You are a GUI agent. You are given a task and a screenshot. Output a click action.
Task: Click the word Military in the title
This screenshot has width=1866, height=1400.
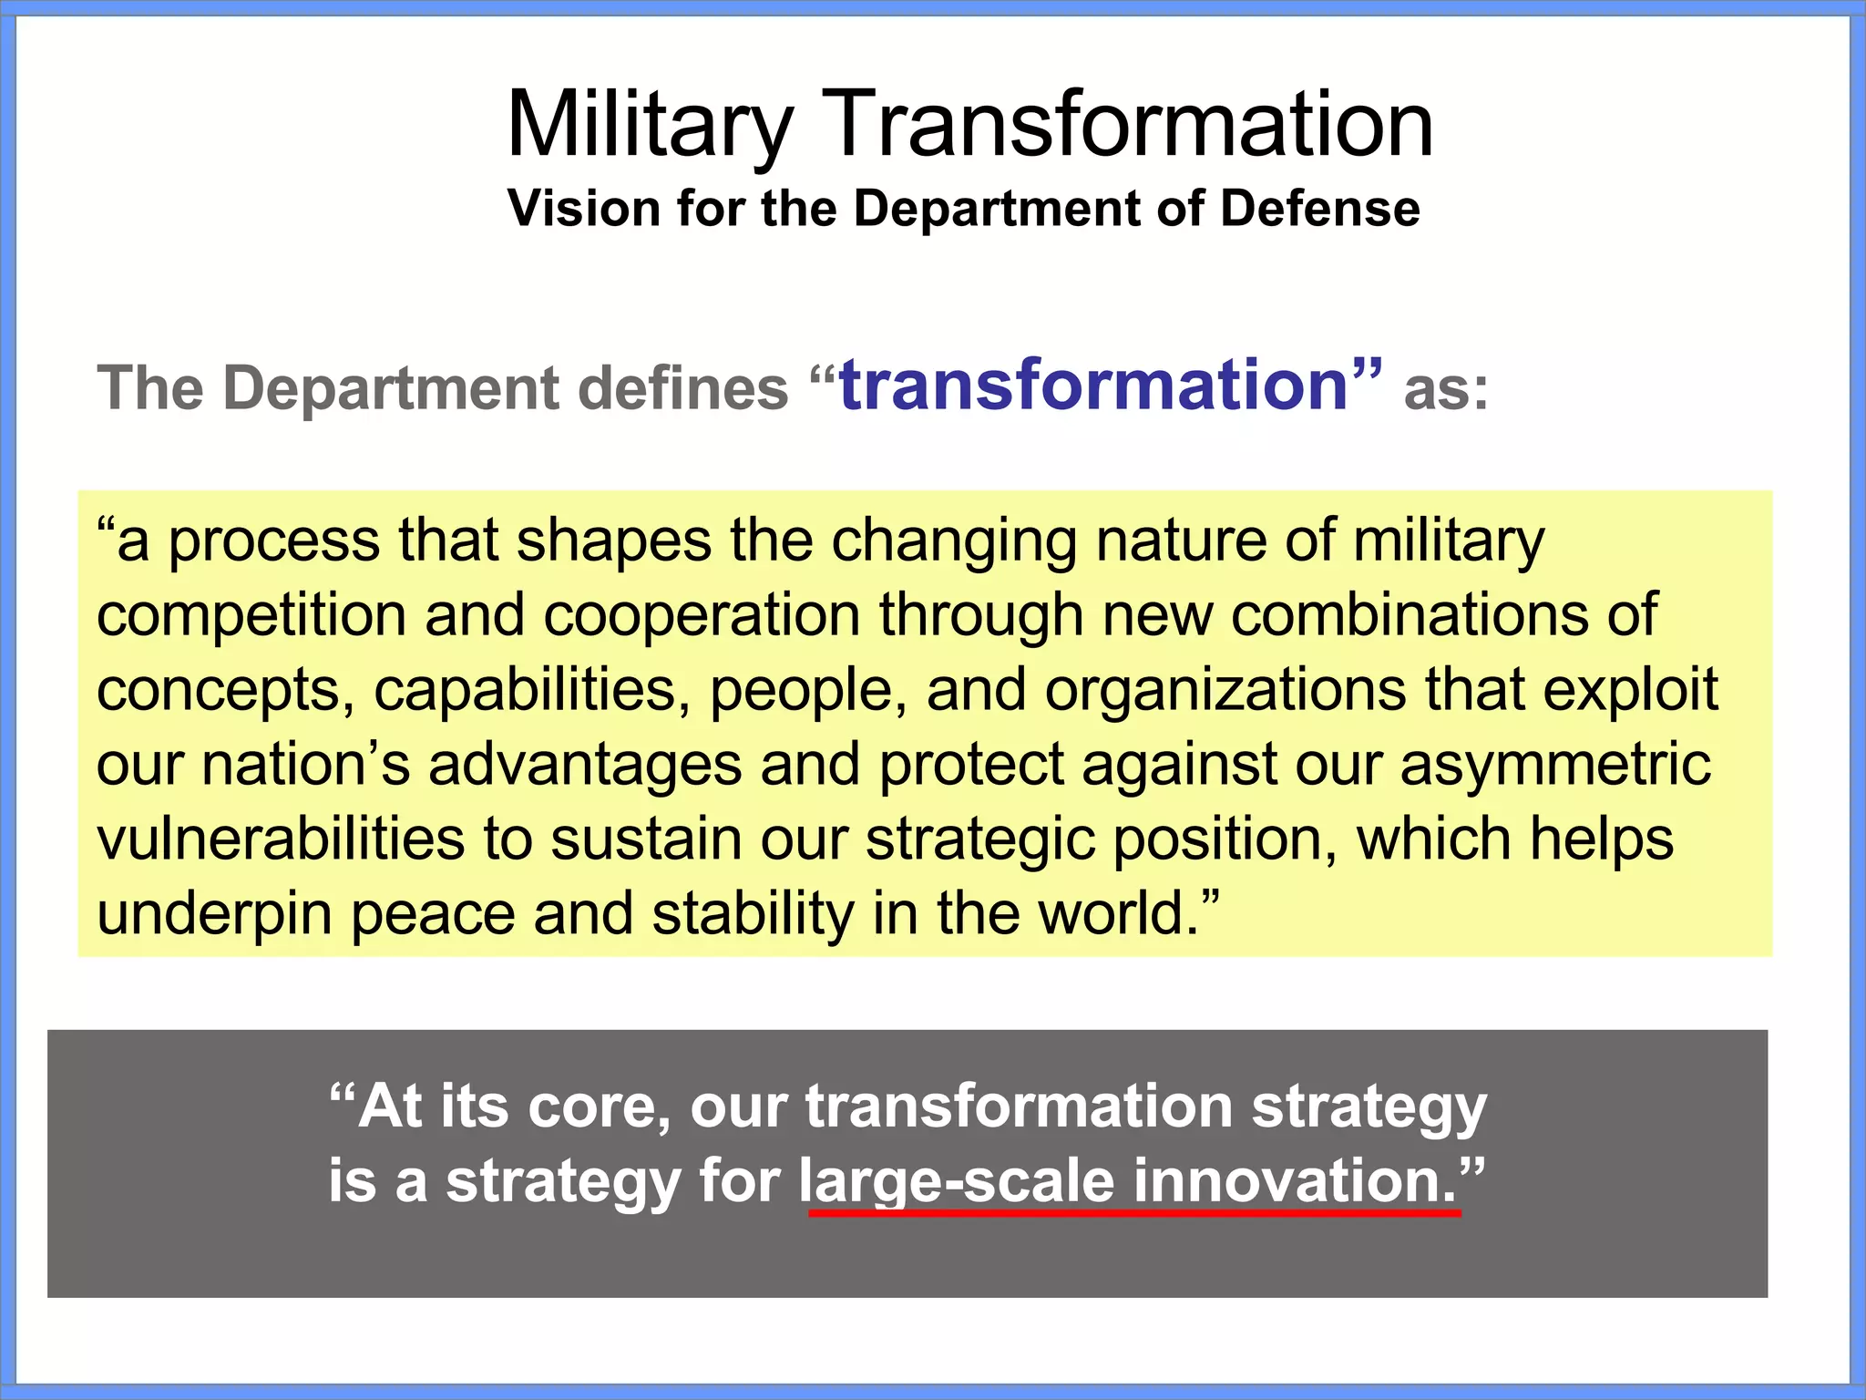click(x=649, y=125)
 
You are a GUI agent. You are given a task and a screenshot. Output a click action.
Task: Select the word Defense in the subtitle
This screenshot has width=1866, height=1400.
click(x=1319, y=209)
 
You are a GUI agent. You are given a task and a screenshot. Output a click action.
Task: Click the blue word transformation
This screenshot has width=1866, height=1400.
click(x=1092, y=386)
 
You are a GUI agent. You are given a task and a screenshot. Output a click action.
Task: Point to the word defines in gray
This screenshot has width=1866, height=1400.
click(x=683, y=389)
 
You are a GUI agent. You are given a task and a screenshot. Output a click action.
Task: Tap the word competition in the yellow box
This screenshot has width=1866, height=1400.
click(x=251, y=617)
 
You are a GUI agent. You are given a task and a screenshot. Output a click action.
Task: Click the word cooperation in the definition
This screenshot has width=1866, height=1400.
click(x=702, y=617)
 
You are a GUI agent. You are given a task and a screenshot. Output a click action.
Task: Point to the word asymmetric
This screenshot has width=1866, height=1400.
click(x=1554, y=766)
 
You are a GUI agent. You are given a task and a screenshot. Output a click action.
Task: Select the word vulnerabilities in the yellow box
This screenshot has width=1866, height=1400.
click(x=281, y=839)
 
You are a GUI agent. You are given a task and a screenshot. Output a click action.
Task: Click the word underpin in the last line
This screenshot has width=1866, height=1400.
click(x=214, y=915)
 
